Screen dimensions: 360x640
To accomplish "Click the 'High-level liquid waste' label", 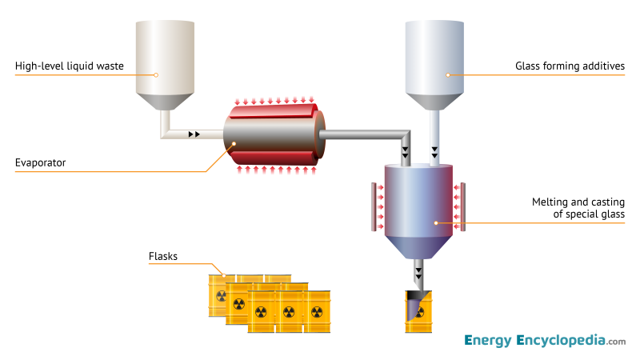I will pos(69,66).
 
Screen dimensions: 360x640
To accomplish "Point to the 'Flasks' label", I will pos(163,257).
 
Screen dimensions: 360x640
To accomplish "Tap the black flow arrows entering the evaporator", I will pos(194,134).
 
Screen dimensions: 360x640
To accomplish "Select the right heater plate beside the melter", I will pos(465,206).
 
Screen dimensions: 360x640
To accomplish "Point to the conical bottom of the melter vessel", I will pos(418,248).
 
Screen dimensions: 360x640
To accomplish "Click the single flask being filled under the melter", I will pos(418,312).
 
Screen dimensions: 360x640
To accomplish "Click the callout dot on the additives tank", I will pos(448,75).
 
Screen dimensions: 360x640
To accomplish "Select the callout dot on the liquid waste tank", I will pos(157,75).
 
